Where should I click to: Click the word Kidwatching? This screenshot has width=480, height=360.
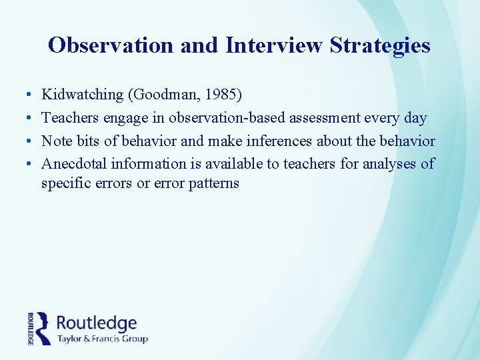[83, 95]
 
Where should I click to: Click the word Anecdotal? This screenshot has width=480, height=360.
[75, 163]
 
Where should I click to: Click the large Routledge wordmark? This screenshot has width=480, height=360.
[97, 323]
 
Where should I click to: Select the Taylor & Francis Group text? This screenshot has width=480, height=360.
[102, 339]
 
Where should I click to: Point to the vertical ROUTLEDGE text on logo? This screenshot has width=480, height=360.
[31, 329]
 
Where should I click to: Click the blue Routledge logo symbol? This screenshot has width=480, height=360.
[43, 328]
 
